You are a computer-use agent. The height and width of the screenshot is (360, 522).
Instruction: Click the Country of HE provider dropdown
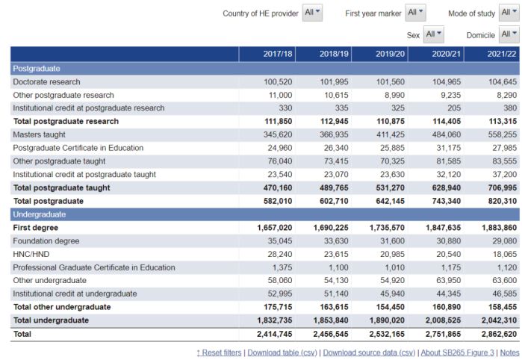coord(312,13)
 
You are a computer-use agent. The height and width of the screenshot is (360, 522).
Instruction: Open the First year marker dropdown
coord(415,13)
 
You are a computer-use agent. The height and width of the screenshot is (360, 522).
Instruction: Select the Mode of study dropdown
coord(509,13)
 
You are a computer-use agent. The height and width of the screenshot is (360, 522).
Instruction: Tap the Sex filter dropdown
coord(433,34)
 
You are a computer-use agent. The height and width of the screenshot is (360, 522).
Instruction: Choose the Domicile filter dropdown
coord(509,34)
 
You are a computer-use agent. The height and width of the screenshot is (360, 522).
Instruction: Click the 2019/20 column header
coord(390,54)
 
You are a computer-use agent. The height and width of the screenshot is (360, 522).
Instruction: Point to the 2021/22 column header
coord(502,54)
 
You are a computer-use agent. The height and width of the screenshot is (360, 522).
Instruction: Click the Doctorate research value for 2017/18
coord(278,82)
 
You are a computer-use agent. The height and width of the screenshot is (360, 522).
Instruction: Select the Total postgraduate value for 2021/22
coord(503,201)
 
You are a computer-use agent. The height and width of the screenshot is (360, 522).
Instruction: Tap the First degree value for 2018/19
coord(331,228)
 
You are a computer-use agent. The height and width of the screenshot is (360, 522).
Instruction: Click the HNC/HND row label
coord(31,255)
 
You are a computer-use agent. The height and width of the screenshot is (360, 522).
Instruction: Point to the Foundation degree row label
coord(46,241)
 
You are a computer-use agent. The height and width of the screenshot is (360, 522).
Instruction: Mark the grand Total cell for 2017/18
coord(274,334)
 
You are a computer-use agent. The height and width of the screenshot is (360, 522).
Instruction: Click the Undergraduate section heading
coord(40,214)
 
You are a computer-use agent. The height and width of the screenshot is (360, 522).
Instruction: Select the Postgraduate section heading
coord(37,69)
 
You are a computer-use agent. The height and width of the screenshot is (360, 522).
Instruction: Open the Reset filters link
coord(219,353)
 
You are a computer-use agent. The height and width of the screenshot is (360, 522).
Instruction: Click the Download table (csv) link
coord(282,353)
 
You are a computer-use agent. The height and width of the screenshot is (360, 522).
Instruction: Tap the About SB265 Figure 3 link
coord(458,353)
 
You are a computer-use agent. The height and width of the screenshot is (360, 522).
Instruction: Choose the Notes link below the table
coord(510,353)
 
